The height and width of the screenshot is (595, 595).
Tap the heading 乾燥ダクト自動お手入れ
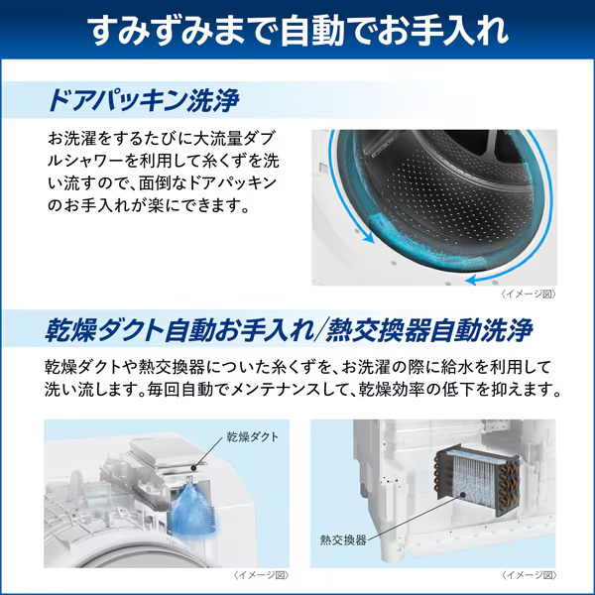click(175, 328)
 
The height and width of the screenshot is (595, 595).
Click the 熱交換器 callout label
click(342, 540)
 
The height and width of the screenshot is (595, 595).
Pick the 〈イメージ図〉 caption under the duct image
click(261, 575)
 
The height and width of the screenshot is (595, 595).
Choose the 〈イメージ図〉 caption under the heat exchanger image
click(528, 575)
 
